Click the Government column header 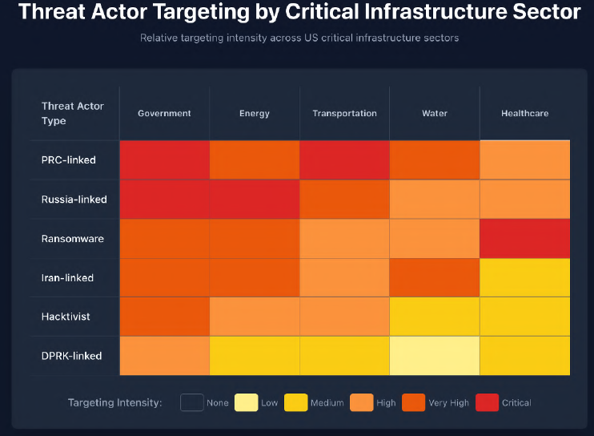tap(164, 114)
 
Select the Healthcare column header tap(524, 114)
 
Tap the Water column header tap(435, 114)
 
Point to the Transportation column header tap(344, 114)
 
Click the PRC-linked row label tap(68, 160)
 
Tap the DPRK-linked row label tap(71, 356)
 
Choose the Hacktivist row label tap(66, 317)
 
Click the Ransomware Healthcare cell tap(524, 238)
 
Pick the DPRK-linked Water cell tap(435, 356)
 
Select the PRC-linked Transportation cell tap(344, 159)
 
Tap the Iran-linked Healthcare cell tap(524, 277)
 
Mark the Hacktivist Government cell tap(164, 317)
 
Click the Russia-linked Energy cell tap(255, 199)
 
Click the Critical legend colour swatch tap(486, 402)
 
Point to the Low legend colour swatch tap(245, 402)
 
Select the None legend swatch tap(191, 402)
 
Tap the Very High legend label tap(449, 403)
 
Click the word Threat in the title tap(54, 12)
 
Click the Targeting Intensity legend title tap(114, 403)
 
